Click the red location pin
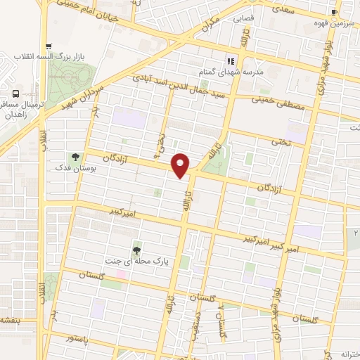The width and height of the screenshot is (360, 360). point(181,165)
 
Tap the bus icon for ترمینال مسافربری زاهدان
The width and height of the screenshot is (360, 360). point(15,94)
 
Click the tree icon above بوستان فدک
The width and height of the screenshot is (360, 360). point(75,156)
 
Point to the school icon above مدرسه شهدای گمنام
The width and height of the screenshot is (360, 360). point(231,61)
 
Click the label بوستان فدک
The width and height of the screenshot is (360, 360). point(71,169)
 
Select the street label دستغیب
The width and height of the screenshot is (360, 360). point(199,326)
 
